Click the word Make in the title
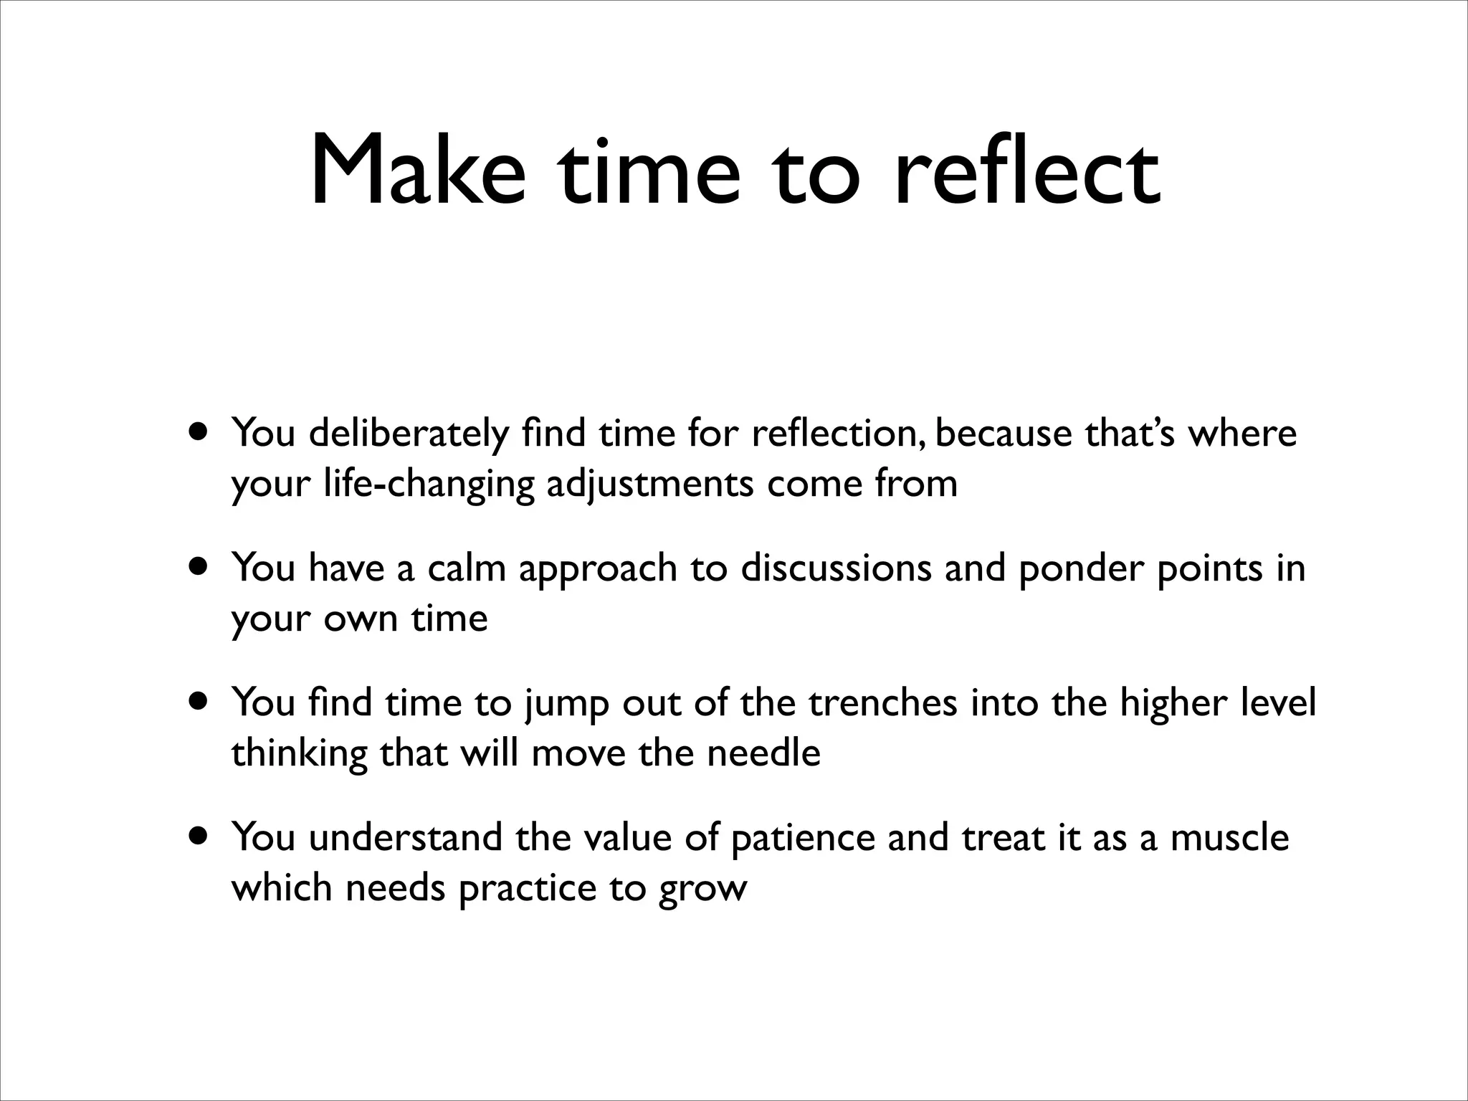418,173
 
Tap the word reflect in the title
1026,173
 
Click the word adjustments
649,483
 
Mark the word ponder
1080,569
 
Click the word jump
566,704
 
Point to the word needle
763,753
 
